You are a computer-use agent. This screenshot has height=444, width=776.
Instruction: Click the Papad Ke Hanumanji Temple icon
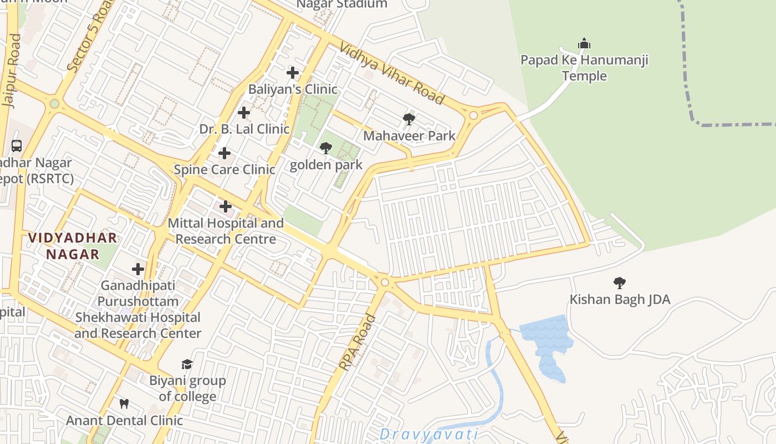click(x=584, y=43)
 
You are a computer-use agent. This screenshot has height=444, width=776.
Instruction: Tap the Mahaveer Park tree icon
click(x=409, y=119)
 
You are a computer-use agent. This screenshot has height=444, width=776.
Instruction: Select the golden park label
click(x=326, y=165)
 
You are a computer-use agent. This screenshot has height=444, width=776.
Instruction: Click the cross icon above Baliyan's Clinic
click(x=293, y=73)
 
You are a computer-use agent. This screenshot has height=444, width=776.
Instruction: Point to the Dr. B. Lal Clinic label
click(x=244, y=129)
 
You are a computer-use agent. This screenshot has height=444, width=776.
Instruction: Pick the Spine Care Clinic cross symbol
click(x=224, y=153)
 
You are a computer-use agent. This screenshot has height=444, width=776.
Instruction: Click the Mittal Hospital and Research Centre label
click(x=226, y=231)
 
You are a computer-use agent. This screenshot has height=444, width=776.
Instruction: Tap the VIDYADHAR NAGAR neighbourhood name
click(x=73, y=246)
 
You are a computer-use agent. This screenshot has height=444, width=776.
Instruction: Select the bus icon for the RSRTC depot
click(x=17, y=146)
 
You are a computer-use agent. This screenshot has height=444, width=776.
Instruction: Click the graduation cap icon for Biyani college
click(x=187, y=364)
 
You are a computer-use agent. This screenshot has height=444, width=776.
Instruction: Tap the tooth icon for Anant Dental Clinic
click(x=124, y=403)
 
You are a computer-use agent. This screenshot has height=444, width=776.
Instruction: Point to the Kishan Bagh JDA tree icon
click(x=620, y=283)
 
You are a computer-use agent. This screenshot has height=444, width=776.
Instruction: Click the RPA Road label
click(x=358, y=342)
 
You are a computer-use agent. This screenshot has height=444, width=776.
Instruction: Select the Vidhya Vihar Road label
click(x=392, y=73)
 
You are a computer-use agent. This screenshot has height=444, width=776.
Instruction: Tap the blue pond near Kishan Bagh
click(x=546, y=344)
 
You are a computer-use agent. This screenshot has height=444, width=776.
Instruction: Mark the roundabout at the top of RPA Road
click(x=385, y=283)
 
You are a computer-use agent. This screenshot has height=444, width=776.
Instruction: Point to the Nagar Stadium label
click(x=341, y=4)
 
